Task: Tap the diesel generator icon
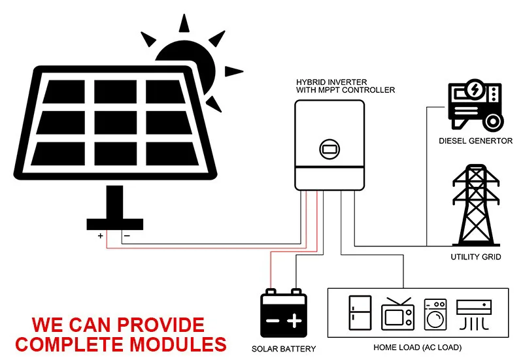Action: (x=475, y=106)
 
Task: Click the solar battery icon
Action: (x=283, y=314)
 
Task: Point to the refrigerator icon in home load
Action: (x=360, y=313)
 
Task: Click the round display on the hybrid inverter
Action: (x=329, y=148)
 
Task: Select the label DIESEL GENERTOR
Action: (x=475, y=141)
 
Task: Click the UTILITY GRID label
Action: (x=476, y=257)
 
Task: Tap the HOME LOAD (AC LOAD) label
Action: (x=417, y=347)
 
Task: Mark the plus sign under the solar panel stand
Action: (x=100, y=236)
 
